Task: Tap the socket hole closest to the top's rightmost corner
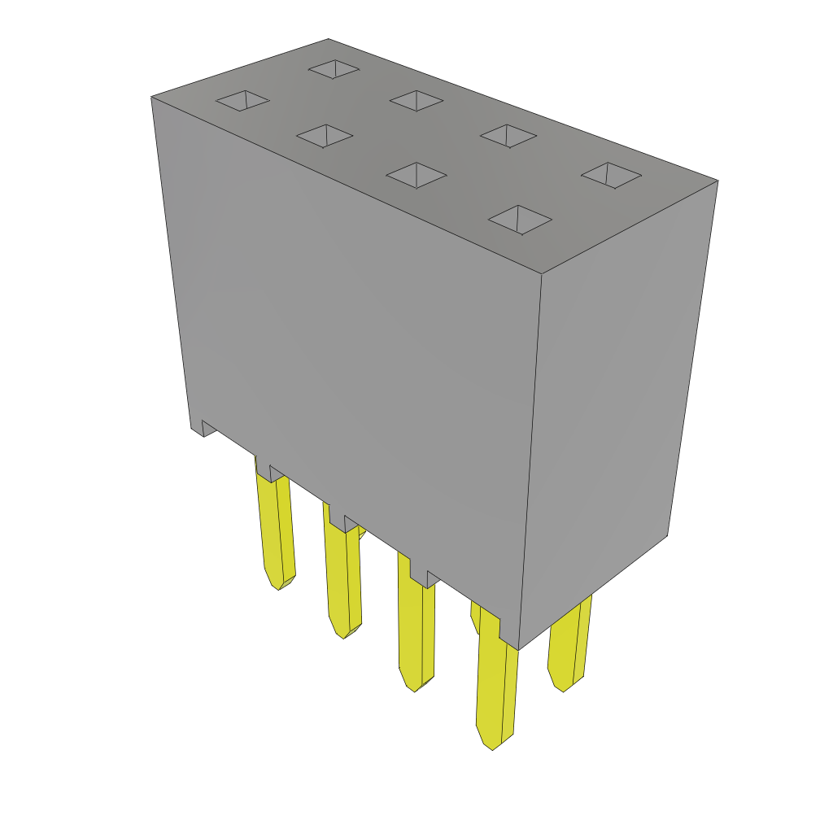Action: [611, 175]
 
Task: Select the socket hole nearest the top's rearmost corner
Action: [334, 69]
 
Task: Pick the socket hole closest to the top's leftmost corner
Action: [242, 101]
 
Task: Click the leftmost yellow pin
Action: [274, 529]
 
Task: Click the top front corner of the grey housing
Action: [542, 274]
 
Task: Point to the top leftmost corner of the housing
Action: [152, 98]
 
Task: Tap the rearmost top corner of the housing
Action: [329, 40]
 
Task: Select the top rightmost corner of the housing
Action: [717, 181]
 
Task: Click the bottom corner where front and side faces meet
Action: [519, 649]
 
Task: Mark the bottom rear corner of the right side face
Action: [668, 534]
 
